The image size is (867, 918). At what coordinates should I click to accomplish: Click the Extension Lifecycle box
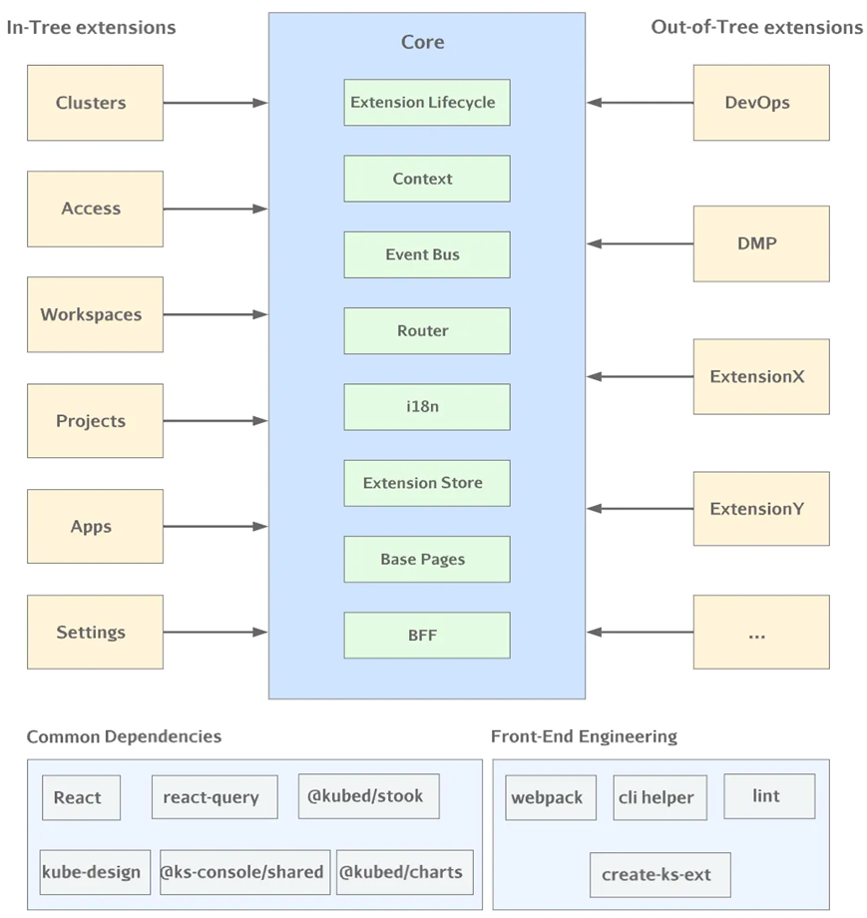[427, 103]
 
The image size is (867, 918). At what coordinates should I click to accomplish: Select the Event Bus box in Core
[427, 254]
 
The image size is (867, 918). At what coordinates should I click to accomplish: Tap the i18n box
[427, 407]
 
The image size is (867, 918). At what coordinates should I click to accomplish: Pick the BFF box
[427, 636]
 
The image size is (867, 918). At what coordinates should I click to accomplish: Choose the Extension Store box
[427, 483]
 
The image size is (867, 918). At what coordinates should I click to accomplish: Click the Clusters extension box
[95, 103]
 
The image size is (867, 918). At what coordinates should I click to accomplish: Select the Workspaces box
[95, 314]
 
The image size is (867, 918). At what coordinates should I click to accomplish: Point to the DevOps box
[761, 103]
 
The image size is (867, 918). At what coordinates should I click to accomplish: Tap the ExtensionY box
[761, 509]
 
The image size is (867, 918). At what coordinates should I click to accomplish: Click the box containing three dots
[761, 633]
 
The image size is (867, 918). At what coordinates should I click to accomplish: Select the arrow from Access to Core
[216, 209]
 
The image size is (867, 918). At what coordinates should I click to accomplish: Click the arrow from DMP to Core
[640, 243]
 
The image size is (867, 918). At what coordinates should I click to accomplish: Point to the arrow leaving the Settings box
[216, 633]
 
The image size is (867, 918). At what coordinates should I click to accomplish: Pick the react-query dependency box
[215, 797]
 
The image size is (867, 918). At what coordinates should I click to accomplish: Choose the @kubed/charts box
[404, 872]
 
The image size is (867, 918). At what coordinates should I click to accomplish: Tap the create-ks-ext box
[660, 875]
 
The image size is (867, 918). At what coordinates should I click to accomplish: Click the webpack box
[551, 797]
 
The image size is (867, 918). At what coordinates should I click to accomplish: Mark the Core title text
[423, 42]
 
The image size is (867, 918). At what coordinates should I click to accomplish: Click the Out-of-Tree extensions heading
[757, 27]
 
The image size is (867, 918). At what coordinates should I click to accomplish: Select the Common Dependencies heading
[124, 736]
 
